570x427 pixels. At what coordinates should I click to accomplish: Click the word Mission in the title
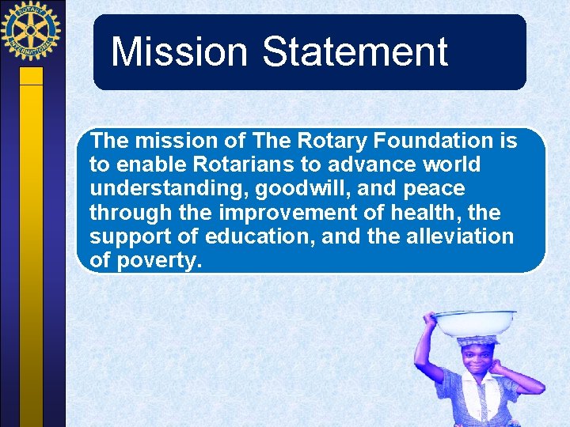[x=180, y=52]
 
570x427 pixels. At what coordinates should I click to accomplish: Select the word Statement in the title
[x=355, y=52]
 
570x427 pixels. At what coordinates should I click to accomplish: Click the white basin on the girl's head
[x=474, y=323]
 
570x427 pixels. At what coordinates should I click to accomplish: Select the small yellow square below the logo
[x=31, y=75]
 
